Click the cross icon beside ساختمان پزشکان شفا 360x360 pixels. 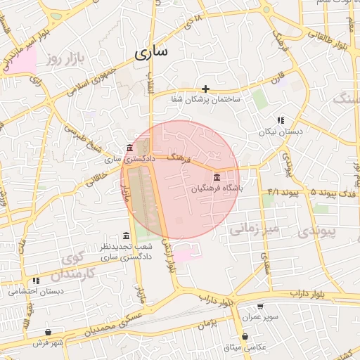coord(205,89)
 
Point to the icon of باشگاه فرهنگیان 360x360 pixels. coord(217,177)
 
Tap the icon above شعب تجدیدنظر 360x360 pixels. coord(126,236)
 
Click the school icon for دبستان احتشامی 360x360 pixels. coord(36,281)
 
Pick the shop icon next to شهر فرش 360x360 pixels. coord(47,333)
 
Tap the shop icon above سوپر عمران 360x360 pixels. coord(261,307)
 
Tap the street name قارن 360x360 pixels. coord(278,74)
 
